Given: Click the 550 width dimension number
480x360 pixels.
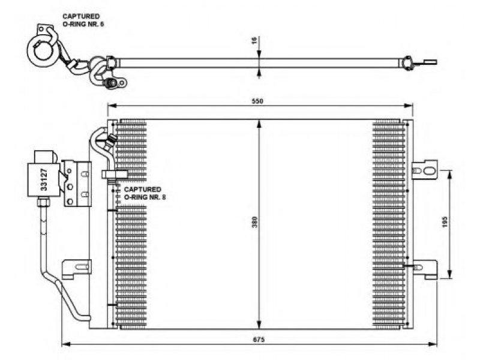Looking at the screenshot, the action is [x=257, y=101].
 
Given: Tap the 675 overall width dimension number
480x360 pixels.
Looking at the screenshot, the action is [x=259, y=340].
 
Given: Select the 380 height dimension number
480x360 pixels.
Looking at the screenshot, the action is [x=254, y=222].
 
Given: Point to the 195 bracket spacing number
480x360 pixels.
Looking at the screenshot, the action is [x=445, y=222].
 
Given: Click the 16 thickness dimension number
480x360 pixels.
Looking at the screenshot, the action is [x=254, y=40].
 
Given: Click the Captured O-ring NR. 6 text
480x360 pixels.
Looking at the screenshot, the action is [x=83, y=20].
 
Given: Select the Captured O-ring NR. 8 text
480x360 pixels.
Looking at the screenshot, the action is [x=145, y=193].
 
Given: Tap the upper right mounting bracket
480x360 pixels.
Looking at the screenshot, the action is [x=425, y=170].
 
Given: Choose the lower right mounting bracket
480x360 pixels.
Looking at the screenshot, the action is [x=425, y=269].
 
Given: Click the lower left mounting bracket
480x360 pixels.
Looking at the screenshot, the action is [x=77, y=269].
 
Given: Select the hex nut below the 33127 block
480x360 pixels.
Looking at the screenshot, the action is [x=43, y=202].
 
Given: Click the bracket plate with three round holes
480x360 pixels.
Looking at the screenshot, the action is [x=70, y=184].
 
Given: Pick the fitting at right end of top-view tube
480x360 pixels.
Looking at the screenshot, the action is [x=407, y=63].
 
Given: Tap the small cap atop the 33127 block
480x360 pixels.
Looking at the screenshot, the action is [x=46, y=157].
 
